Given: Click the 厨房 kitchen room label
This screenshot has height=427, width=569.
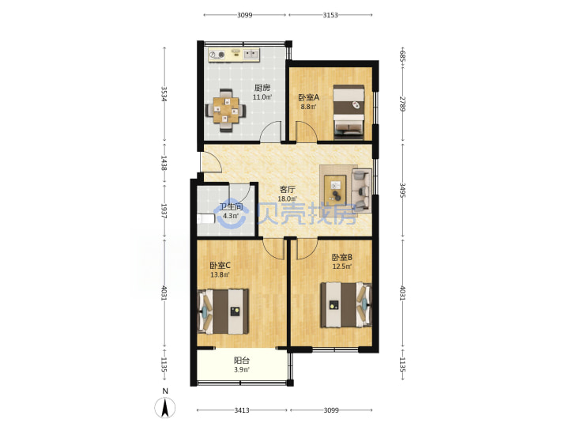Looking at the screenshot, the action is coord(262,88).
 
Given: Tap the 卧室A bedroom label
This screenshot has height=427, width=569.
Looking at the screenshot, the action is coord(308,97).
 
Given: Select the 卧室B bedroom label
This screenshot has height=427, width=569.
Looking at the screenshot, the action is coord(342,258).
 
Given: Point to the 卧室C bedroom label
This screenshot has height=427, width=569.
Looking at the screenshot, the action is coord(220,266).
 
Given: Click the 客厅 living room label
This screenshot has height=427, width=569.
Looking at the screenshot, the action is coord(288,189).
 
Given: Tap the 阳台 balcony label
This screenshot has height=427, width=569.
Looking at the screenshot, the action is coord(241,361).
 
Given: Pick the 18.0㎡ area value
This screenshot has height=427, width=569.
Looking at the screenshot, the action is coord(287,199).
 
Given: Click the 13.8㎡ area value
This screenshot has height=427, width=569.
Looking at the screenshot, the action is coord(220,275).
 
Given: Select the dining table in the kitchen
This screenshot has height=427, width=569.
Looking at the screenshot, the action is coord(226,110).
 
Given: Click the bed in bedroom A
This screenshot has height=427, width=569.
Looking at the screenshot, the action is coord(349,111).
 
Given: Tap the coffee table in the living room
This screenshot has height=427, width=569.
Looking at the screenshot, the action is coord(335,188).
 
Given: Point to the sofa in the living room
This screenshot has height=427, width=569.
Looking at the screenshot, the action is coord(361,191).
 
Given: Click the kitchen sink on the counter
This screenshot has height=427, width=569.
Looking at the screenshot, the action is coord(251,55).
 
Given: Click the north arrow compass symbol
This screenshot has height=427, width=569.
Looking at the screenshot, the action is coord(165,407).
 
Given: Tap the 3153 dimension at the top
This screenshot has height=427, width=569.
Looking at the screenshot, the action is coord(330,15).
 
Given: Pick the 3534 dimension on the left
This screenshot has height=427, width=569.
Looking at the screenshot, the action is coord(164,93).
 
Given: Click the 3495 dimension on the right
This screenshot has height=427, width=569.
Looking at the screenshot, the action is coord(402,190).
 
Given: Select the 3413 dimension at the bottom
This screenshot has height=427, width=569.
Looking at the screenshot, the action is coord(241,410).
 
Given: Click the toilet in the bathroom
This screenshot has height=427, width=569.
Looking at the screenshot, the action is coord(205,219).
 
